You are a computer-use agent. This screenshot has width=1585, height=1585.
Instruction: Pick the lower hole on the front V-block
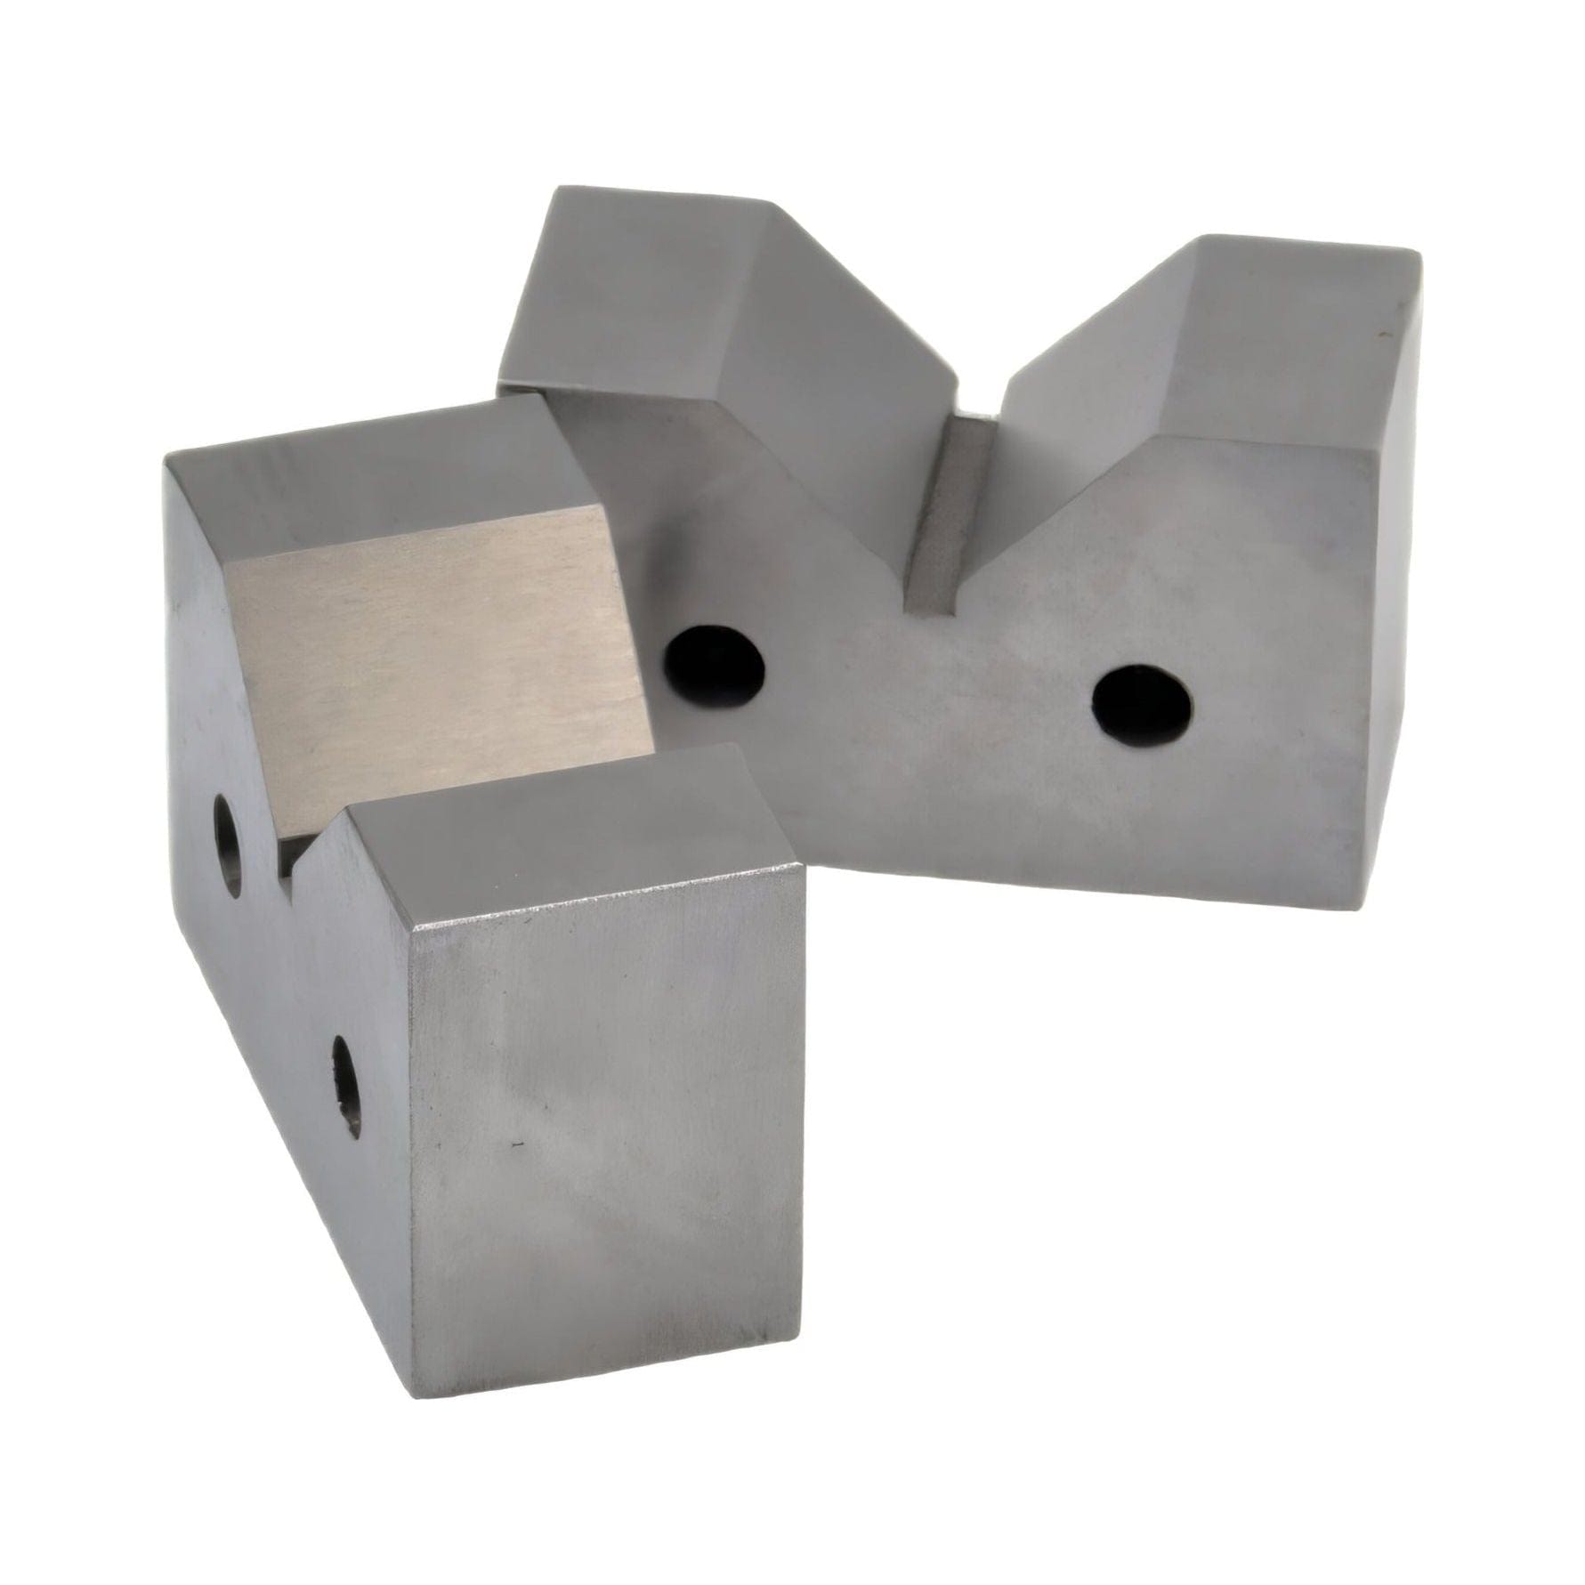coord(346,1087)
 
